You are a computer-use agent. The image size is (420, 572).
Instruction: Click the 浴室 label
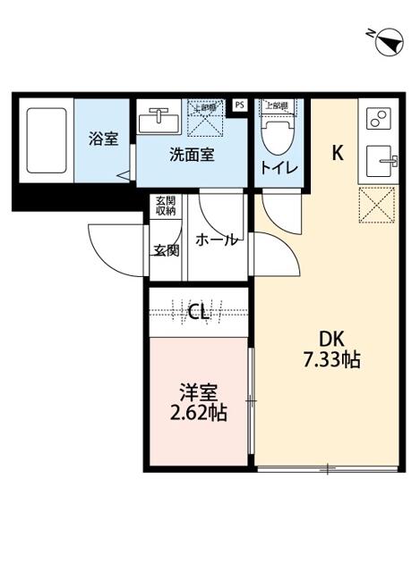coord(102,139)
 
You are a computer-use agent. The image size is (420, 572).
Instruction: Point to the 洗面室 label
coord(192,154)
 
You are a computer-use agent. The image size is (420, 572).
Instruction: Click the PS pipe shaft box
coord(239,105)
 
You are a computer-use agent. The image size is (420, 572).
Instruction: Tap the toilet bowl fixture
coord(275,134)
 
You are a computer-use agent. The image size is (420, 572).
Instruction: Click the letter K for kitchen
coord(338,153)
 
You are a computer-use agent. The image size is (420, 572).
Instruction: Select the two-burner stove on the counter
coord(378,118)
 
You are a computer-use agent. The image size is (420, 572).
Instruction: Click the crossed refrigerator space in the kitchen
coord(376,206)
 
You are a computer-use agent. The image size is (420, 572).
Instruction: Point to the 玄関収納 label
coord(167,206)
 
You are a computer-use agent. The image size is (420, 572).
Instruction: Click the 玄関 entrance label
coord(166,250)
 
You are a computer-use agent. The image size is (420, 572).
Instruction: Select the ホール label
coord(217,240)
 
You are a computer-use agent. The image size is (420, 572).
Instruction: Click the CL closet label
coord(199,312)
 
